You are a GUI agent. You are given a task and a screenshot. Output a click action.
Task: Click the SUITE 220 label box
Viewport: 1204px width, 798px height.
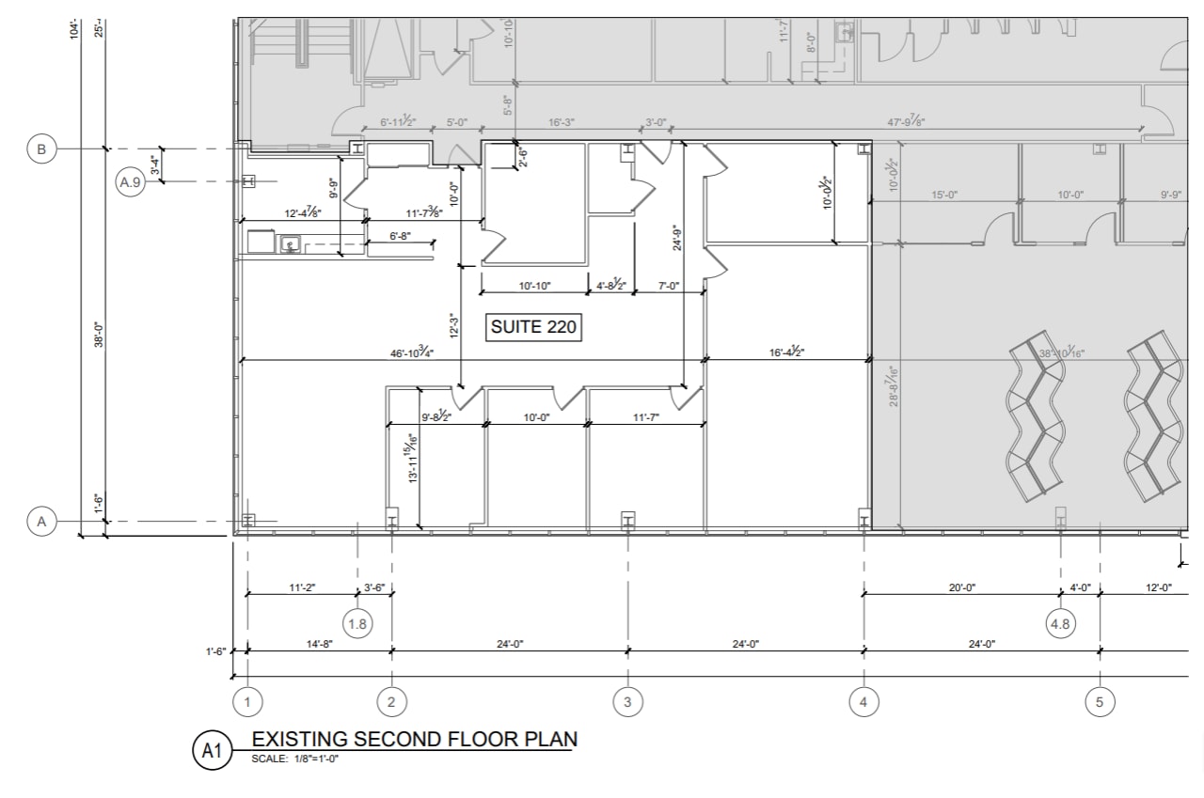coord(533,327)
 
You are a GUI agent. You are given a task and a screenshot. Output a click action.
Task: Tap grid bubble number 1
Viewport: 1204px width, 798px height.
coord(247,701)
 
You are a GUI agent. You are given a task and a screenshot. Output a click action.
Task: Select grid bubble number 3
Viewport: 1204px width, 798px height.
coord(627,701)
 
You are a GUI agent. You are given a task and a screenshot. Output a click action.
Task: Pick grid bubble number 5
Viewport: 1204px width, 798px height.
coord(1100,701)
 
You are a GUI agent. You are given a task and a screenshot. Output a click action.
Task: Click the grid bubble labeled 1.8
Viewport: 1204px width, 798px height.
coord(357,623)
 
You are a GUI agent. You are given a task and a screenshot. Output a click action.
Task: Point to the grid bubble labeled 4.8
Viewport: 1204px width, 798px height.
coord(1060,622)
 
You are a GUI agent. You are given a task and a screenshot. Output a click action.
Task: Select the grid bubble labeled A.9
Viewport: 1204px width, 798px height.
coord(131,182)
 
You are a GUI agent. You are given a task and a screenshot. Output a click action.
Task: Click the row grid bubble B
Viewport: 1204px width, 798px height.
coord(41,149)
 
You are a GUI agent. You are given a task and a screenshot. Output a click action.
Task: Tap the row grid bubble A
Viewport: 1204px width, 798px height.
coord(41,521)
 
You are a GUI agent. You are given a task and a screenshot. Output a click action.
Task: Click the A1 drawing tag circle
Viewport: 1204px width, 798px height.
coord(212,750)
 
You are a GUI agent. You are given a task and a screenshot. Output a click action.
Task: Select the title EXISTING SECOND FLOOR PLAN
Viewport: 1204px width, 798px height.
coord(414,739)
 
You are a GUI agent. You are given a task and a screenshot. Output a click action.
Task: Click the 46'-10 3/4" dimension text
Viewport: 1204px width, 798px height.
coord(412,352)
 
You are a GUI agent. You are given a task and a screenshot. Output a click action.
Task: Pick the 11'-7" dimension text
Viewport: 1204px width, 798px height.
coord(645,417)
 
